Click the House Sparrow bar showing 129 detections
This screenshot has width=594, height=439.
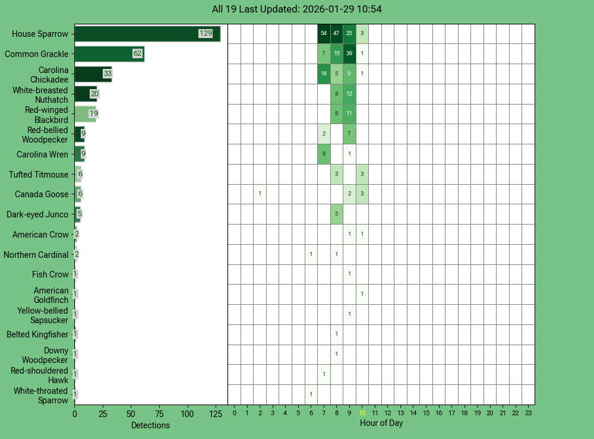[147, 34]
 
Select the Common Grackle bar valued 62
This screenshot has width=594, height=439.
[109, 54]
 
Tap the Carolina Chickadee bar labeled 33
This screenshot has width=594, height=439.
[93, 74]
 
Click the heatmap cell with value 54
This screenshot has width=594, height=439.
[324, 34]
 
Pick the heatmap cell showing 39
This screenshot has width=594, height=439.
[349, 54]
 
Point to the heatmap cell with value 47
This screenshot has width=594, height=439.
[337, 34]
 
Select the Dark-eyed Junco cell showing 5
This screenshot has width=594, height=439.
[337, 214]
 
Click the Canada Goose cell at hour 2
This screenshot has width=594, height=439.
[260, 194]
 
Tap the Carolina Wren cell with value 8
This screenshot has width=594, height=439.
[324, 154]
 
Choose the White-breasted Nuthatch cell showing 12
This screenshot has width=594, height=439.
[349, 94]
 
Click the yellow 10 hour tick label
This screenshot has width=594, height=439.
[362, 413]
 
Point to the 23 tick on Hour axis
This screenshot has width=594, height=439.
[529, 413]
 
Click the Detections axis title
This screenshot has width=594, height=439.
[150, 425]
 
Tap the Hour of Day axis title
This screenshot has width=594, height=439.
[381, 423]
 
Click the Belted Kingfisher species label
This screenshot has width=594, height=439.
[37, 334]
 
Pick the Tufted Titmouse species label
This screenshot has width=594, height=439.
[39, 175]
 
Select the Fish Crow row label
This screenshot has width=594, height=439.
[50, 274]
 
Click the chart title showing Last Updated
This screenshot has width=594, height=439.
[297, 10]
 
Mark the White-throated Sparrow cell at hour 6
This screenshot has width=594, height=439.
[311, 394]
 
